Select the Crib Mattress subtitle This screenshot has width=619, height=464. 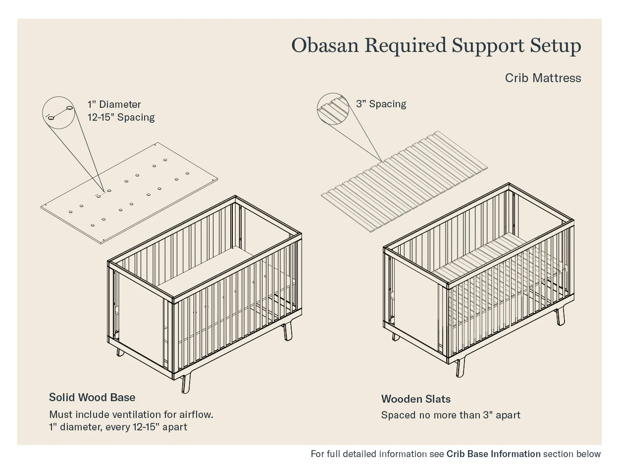(x=543, y=78)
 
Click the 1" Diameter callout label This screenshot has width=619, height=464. (x=114, y=104)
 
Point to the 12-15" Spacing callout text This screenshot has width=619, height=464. (x=121, y=117)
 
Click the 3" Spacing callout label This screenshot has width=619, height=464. (x=381, y=104)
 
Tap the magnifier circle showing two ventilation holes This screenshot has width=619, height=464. (x=58, y=112)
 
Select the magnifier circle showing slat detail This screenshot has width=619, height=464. (x=333, y=109)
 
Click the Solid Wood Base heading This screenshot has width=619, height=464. (x=92, y=398)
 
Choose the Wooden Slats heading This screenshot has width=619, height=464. (x=416, y=399)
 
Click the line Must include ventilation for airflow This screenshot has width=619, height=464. (x=131, y=415)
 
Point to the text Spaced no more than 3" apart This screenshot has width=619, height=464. (x=451, y=415)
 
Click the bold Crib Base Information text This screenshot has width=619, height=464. (x=493, y=454)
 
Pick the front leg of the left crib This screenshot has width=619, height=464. (x=186, y=383)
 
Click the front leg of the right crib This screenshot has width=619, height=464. (x=460, y=367)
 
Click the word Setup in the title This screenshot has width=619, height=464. (x=556, y=46)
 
